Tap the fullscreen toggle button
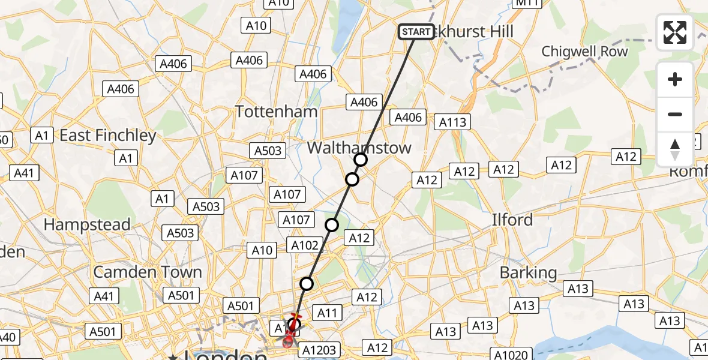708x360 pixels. point(675,32)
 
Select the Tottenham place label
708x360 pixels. point(276,112)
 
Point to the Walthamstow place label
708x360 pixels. point(359,148)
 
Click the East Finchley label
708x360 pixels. point(108,136)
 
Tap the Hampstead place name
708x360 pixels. point(87,225)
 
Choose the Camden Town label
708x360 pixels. point(148,272)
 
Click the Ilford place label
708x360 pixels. point(512,220)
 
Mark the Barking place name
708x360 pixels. point(529,273)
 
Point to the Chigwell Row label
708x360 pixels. point(584,52)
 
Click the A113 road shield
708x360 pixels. point(452,122)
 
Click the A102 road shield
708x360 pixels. point(305,245)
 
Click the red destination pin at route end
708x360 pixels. point(289,340)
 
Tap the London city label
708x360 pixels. point(225,355)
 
